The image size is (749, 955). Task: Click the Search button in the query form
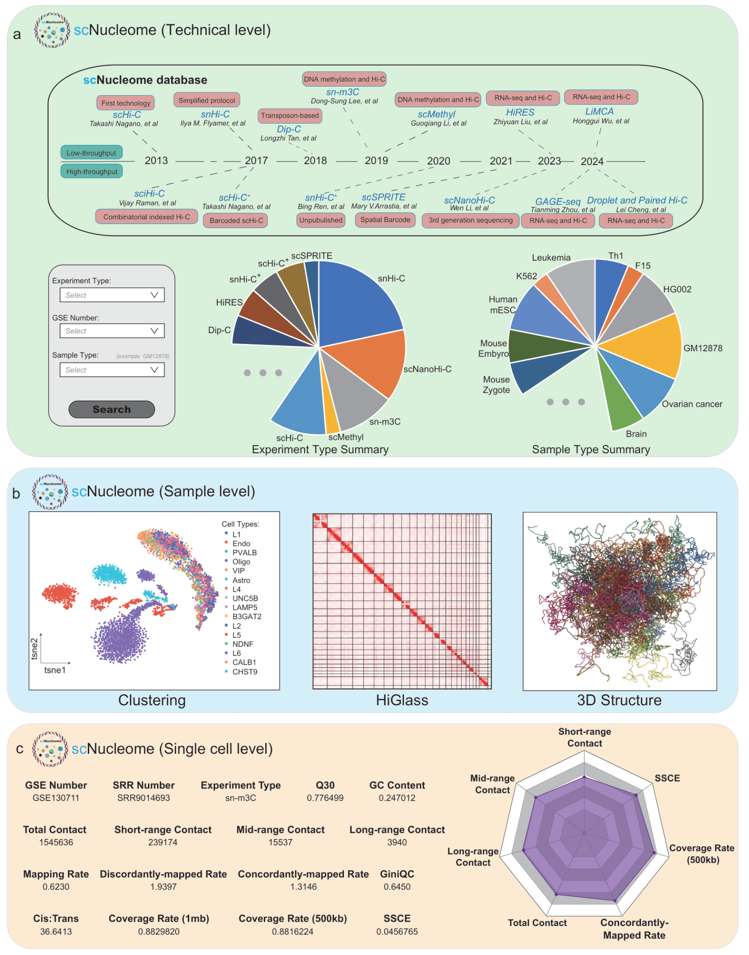(x=112, y=409)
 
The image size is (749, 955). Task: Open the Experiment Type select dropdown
(x=112, y=295)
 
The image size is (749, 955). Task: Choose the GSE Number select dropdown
(x=112, y=331)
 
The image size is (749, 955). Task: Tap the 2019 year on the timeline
(x=376, y=161)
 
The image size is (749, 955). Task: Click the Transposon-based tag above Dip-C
(x=290, y=116)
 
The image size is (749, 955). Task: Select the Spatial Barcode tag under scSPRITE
(x=385, y=220)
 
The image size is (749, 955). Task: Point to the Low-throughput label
(x=91, y=153)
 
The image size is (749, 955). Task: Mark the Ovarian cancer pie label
(x=691, y=404)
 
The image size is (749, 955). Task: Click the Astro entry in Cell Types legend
(x=241, y=580)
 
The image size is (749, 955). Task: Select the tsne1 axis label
(x=55, y=670)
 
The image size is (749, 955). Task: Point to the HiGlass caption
(x=402, y=700)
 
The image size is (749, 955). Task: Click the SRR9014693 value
(x=143, y=798)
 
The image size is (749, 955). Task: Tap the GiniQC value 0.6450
(x=397, y=887)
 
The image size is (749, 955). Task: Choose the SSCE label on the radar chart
(x=667, y=778)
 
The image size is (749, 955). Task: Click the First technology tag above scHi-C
(x=125, y=103)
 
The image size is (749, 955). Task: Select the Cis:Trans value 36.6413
(x=56, y=931)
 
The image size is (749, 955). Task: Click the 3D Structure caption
(x=619, y=700)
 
